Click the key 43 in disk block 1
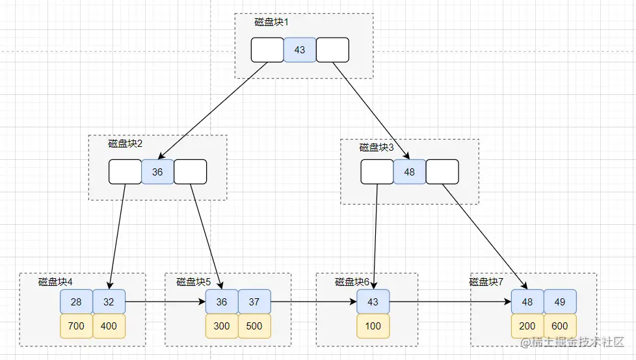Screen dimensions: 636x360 tap(300, 50)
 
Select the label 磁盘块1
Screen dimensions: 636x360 tap(271, 22)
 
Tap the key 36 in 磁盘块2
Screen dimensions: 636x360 tap(157, 172)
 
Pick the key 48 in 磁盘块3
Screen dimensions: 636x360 tap(410, 172)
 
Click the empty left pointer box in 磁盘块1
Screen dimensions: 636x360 tap(267, 50)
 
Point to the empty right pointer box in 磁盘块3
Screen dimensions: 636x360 tap(442, 172)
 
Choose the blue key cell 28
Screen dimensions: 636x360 tap(76, 302)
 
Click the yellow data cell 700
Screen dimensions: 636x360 tap(76, 326)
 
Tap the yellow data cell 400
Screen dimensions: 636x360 tap(109, 326)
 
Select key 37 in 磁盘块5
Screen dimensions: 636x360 tap(254, 302)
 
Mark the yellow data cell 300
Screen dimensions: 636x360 tap(222, 326)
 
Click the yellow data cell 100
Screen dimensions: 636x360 tap(373, 326)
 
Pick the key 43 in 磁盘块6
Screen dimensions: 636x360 tap(373, 302)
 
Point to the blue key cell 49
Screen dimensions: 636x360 tap(560, 302)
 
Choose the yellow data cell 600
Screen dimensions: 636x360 tap(560, 326)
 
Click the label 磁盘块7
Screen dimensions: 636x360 tap(486, 282)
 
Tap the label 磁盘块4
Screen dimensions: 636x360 tap(55, 282)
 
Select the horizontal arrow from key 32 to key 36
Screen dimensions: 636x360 tap(165, 302)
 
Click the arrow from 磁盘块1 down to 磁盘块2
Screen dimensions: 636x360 tap(213, 110)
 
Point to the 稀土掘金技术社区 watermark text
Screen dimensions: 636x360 tap(573, 342)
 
